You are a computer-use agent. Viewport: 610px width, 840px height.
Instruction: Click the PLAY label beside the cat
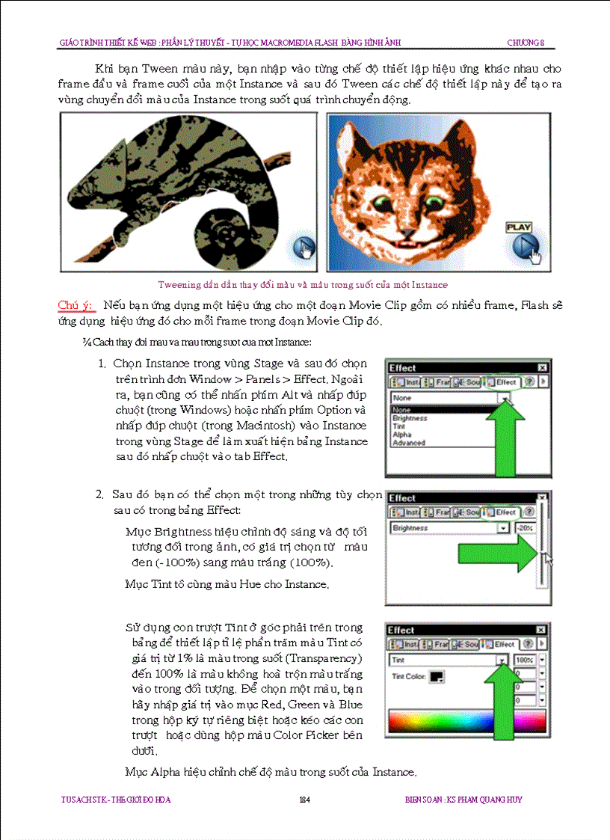coord(518,227)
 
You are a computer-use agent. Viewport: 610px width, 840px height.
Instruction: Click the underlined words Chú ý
coord(76,306)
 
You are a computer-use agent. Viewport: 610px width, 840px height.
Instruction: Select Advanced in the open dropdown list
coord(409,443)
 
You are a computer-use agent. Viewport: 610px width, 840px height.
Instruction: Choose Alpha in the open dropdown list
coord(402,435)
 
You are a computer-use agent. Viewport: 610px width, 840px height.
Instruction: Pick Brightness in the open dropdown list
coord(410,419)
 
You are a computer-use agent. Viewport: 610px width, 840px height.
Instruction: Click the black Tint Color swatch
coord(437,677)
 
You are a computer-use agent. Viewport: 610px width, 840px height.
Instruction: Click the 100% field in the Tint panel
coord(524,660)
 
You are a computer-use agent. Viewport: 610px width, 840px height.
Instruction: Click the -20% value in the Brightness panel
coord(524,528)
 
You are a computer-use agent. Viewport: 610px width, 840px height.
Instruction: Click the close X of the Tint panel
coord(541,631)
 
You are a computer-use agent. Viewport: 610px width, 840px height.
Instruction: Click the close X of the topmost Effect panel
coord(541,368)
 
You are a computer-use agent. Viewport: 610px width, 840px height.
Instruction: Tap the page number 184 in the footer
coord(304,800)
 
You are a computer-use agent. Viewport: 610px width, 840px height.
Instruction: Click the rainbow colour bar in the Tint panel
coord(466,721)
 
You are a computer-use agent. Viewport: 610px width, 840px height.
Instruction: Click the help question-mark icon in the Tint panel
coord(529,644)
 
